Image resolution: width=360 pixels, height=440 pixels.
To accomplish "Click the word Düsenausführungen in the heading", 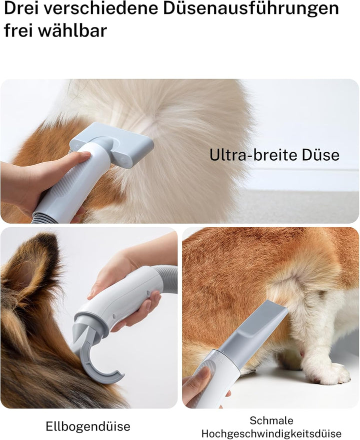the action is click(251, 8).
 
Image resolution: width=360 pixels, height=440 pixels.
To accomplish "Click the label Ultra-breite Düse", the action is click(274, 155).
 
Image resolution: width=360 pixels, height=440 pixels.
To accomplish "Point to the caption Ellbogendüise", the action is click(88, 426).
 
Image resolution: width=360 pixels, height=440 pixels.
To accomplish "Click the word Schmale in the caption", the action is click(271, 420).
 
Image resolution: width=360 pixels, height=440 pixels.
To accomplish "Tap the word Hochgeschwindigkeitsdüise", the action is click(271, 433).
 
